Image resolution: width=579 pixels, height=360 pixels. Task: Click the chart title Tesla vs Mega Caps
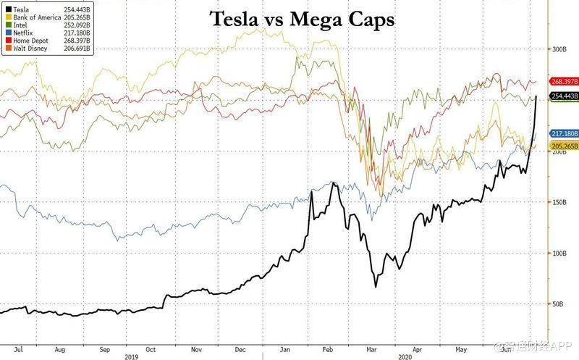pyautogui.click(x=302, y=20)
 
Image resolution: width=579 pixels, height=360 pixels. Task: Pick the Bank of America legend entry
pyautogui.click(x=33, y=16)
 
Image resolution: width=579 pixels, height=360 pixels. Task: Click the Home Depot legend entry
pyautogui.click(x=27, y=41)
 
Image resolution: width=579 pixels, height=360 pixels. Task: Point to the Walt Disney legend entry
pyautogui.click(x=27, y=49)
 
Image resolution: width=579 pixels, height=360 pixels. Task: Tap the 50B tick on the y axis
pyautogui.click(x=558, y=305)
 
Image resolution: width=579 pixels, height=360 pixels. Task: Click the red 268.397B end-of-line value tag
pyautogui.click(x=563, y=82)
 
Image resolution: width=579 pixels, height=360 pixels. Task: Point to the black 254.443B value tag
pyautogui.click(x=563, y=96)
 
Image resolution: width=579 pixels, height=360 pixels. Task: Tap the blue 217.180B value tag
pyautogui.click(x=563, y=134)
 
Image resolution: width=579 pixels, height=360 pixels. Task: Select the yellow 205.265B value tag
pyautogui.click(x=563, y=146)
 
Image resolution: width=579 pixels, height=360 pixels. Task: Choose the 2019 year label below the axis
pyautogui.click(x=132, y=356)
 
